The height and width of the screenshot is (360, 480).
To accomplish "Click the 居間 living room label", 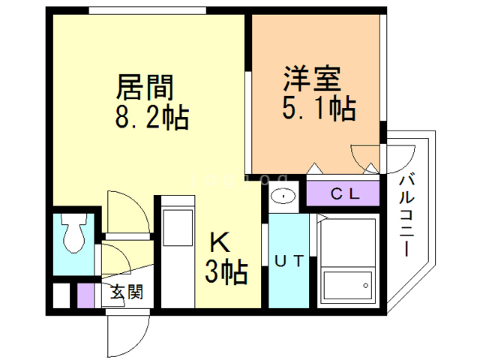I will coord(145,88).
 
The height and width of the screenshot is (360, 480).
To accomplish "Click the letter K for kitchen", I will coord(218,243).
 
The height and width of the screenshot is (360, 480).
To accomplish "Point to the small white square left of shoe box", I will coord(61,295).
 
